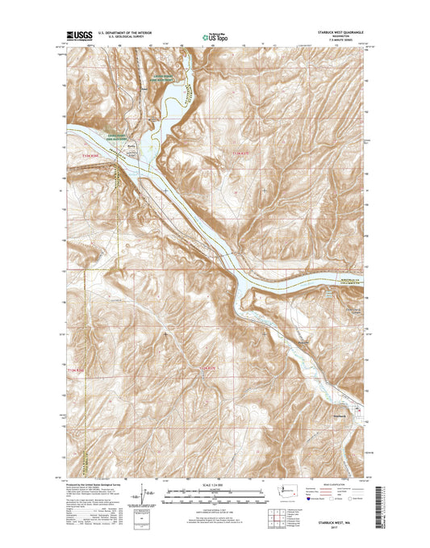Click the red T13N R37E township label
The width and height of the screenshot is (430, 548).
242,153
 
